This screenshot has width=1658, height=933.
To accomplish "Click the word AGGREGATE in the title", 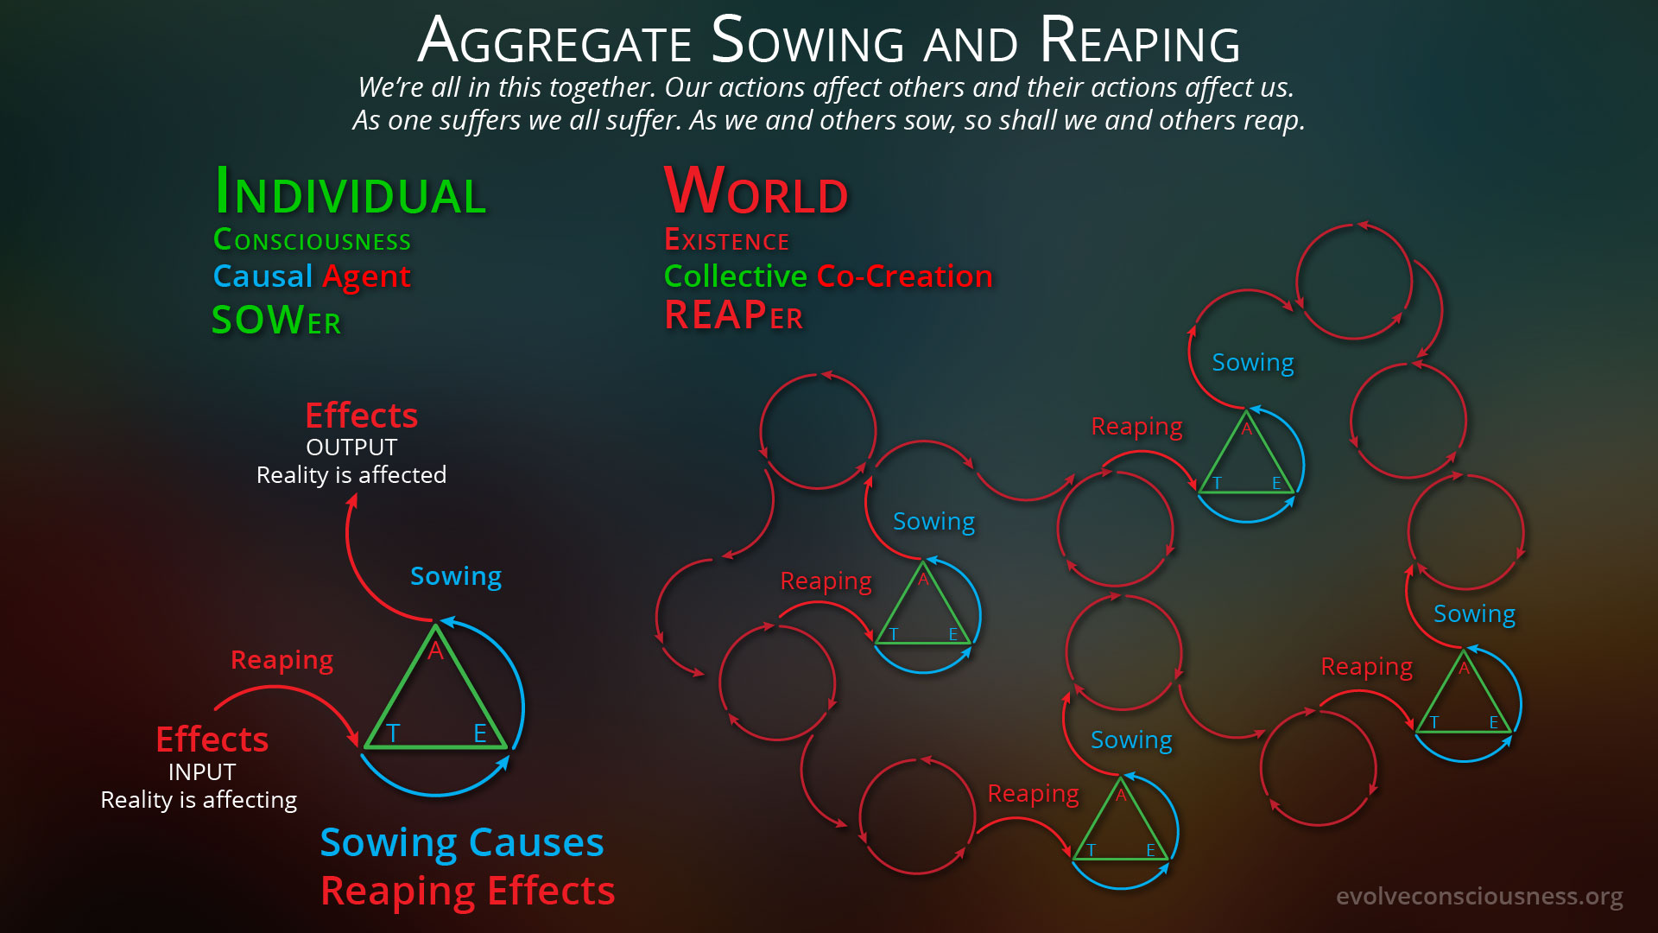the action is [x=554, y=41].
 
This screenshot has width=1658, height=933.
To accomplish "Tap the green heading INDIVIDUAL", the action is [x=350, y=191].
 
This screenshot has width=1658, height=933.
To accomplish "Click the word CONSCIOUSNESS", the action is [x=312, y=239].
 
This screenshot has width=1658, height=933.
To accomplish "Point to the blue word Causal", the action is [x=263, y=276].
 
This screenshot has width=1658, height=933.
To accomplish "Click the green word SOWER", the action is [x=276, y=320].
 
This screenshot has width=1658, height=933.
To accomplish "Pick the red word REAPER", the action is [x=733, y=315].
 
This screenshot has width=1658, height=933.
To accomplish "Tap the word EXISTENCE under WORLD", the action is [x=726, y=239].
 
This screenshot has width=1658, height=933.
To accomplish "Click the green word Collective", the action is [x=735, y=276].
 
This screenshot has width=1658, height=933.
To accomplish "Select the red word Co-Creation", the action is [x=904, y=276].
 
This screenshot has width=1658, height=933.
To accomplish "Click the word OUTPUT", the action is [x=351, y=447].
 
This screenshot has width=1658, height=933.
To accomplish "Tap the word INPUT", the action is [x=201, y=771].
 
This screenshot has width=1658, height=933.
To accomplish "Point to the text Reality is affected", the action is [x=351, y=474].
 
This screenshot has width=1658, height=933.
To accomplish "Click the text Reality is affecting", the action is [x=199, y=800].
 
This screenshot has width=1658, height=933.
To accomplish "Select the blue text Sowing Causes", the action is [x=462, y=842].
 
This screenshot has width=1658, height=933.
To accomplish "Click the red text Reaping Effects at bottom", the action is [x=468, y=891].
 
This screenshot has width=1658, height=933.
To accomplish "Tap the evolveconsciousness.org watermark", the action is [x=1479, y=896].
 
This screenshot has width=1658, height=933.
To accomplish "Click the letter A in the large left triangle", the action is [x=435, y=651].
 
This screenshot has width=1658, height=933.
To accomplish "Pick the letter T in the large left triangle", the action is [x=393, y=733].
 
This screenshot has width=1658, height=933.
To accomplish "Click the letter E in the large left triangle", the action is [x=480, y=733].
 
